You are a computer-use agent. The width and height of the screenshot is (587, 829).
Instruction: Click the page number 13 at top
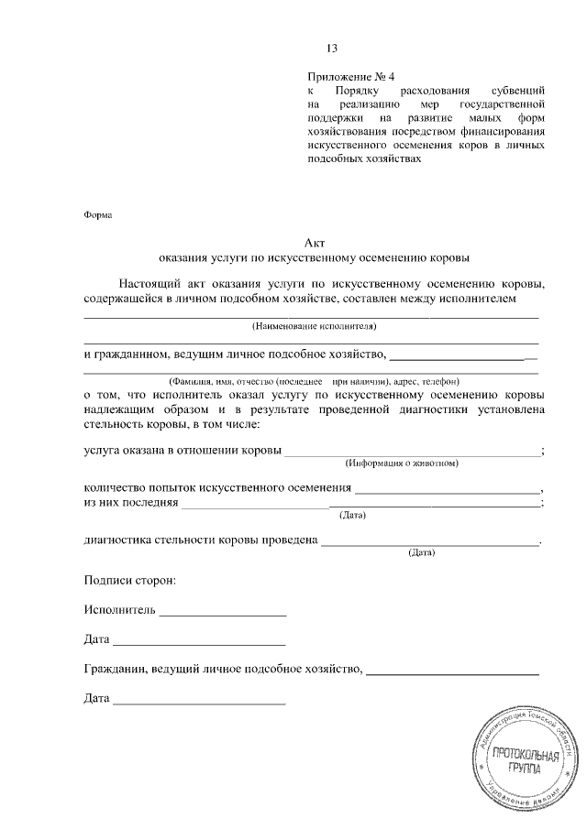(x=332, y=49)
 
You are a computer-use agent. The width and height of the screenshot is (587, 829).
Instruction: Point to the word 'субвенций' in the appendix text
(x=518, y=93)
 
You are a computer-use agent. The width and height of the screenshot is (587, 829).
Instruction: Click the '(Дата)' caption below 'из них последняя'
(x=353, y=516)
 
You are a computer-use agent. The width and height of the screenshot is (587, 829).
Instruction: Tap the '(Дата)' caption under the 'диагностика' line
(x=421, y=553)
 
